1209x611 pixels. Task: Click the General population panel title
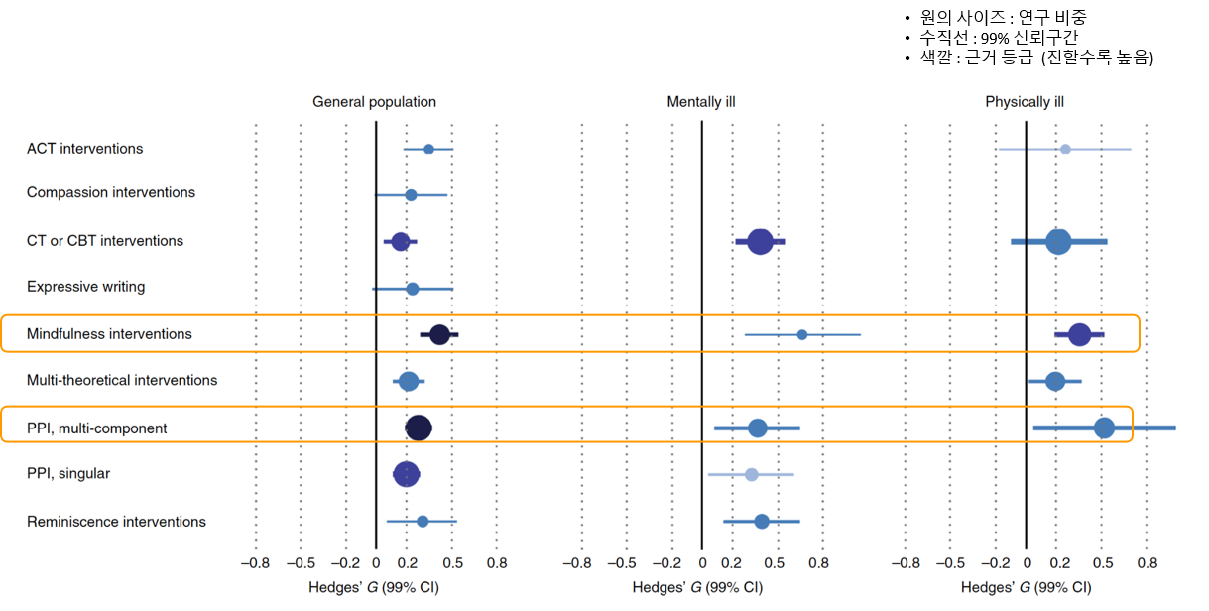[374, 102]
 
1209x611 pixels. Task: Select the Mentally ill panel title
[701, 102]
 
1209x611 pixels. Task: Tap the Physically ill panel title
[1025, 102]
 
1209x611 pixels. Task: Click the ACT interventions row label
[84, 149]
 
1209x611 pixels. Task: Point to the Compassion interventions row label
[111, 192]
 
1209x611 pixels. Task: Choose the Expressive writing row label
[86, 287]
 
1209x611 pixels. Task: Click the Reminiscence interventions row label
[116, 522]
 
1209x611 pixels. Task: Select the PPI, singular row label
[68, 474]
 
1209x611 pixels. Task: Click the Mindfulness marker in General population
[439, 335]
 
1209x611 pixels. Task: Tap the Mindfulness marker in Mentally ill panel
[802, 335]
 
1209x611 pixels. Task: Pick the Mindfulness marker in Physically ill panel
[1079, 335]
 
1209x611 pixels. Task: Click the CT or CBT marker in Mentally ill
[760, 241]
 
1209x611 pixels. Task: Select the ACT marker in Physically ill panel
[1065, 149]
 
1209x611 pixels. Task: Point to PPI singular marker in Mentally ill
[751, 475]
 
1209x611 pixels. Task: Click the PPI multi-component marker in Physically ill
[1104, 428]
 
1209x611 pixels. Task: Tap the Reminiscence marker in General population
[423, 521]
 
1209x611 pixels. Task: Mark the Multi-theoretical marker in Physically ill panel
[1055, 381]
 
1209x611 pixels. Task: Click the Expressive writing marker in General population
[413, 289]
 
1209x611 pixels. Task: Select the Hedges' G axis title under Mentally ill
[697, 587]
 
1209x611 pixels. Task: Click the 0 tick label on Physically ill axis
[1026, 562]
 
